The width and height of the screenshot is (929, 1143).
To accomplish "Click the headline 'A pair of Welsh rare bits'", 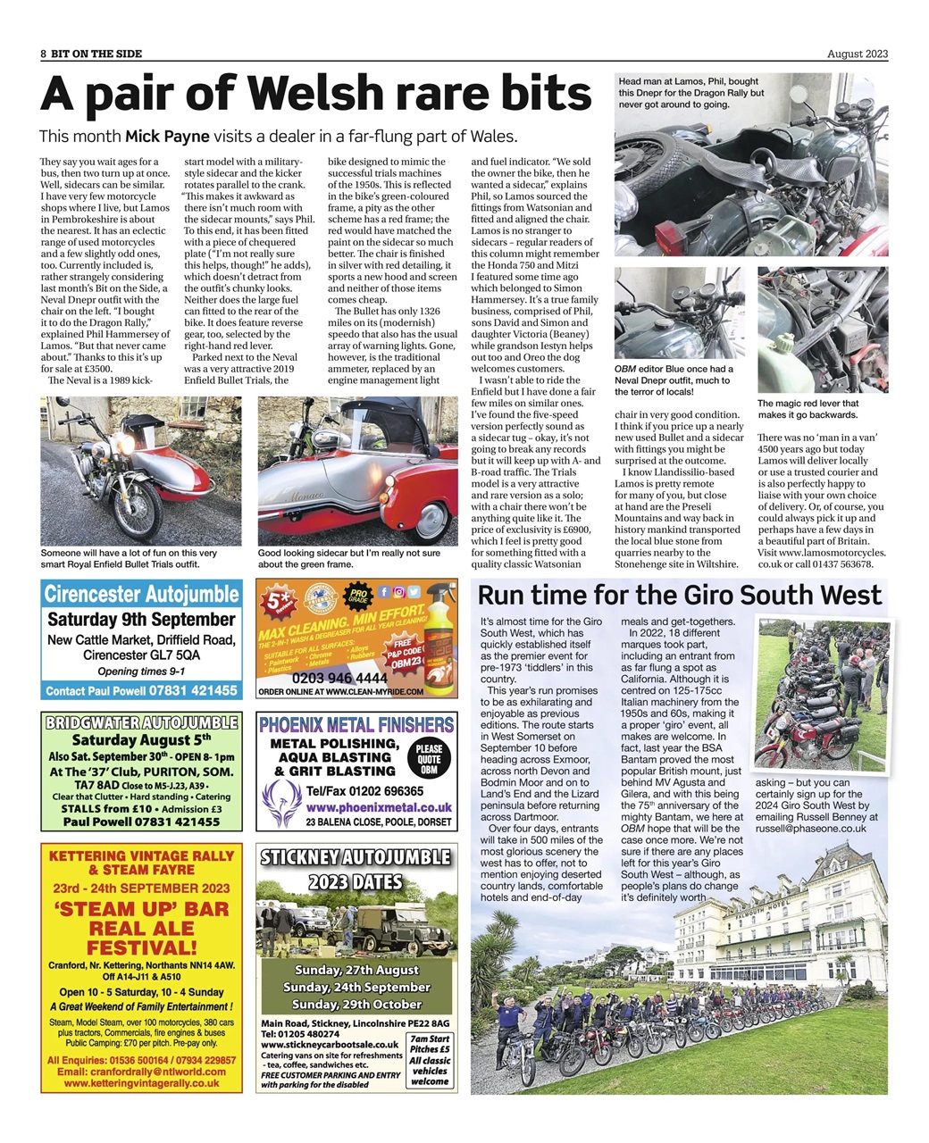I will click(316, 93).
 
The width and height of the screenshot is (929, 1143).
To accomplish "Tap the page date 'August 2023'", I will click(857, 54).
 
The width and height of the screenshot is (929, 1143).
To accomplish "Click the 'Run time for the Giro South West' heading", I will click(679, 595).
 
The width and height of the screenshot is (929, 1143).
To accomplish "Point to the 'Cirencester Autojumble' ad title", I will click(141, 594).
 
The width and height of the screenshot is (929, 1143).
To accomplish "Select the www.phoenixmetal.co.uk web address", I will click(356, 806).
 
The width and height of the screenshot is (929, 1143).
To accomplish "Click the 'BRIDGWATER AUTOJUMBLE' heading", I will click(141, 722).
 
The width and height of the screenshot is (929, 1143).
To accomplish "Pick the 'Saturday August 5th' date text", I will click(141, 739).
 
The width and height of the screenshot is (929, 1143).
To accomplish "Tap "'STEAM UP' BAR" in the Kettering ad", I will click(141, 910).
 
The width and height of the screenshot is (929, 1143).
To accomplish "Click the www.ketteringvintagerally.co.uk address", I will click(141, 1082).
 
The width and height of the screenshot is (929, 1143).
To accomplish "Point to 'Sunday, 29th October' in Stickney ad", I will click(356, 1004).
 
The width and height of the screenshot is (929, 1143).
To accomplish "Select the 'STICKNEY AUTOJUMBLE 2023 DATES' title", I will click(356, 869).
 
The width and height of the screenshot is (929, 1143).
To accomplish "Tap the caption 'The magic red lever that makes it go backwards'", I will click(808, 408).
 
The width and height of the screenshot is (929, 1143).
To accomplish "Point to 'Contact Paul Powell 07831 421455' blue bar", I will click(141, 690).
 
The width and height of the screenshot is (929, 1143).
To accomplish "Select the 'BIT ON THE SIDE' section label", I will click(96, 54).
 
